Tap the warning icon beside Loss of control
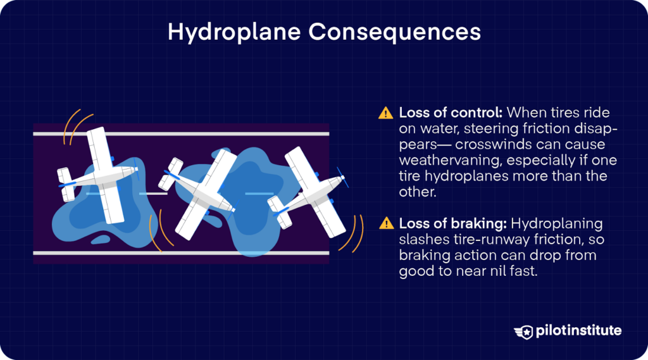click(x=385, y=113)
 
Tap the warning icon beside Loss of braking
click(x=385, y=223)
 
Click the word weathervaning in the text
click(x=442, y=161)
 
